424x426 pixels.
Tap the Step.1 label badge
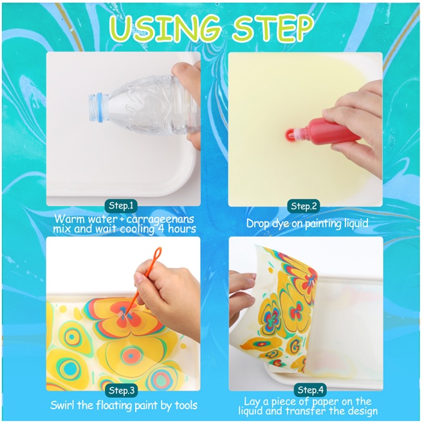pyautogui.click(x=121, y=206)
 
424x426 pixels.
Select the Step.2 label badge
pyautogui.click(x=304, y=207)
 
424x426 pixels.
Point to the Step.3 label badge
pyautogui.click(x=122, y=391)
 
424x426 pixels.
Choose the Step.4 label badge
pyautogui.click(x=310, y=390)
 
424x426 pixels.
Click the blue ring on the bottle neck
pyautogui.click(x=103, y=107)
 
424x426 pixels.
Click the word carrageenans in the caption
pyautogui.click(x=160, y=219)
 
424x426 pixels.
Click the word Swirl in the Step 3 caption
pyautogui.click(x=63, y=405)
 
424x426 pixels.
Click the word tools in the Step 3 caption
pyautogui.click(x=186, y=405)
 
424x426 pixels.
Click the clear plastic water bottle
pyautogui.click(x=143, y=105)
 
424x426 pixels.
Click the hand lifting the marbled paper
pyautogui.click(x=242, y=296)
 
